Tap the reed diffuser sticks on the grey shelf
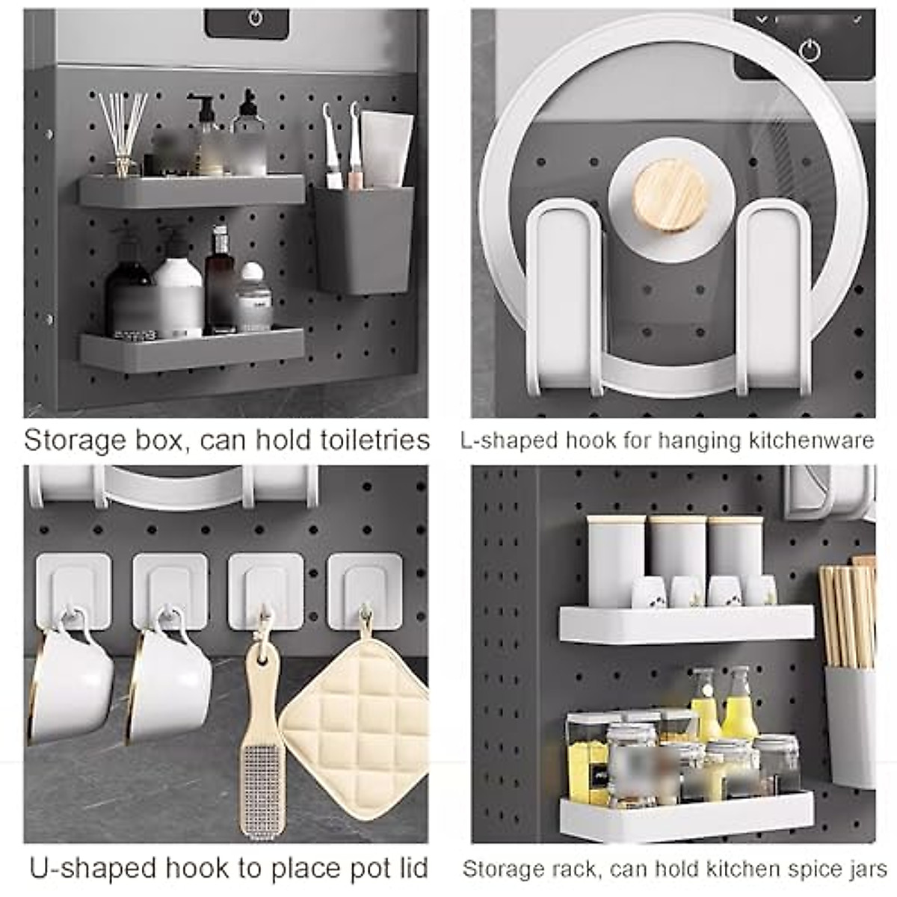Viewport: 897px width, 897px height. pyautogui.click(x=124, y=131)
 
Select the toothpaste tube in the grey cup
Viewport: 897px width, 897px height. pyautogui.click(x=386, y=148)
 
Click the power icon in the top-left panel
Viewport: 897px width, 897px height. pyautogui.click(x=255, y=18)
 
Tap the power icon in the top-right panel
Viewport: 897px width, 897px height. pyautogui.click(x=810, y=50)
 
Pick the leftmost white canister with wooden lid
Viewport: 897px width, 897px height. pyautogui.click(x=614, y=557)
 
